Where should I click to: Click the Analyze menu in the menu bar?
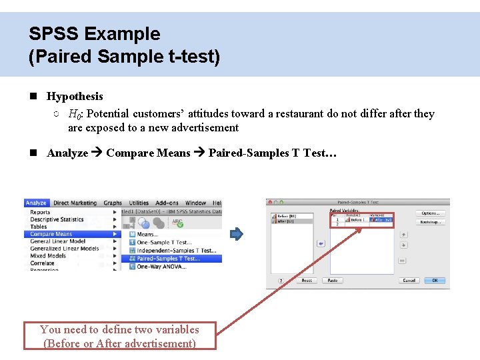(x=36, y=203)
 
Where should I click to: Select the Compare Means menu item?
(x=51, y=234)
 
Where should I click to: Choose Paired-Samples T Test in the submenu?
(x=167, y=259)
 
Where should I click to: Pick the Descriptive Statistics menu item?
(x=57, y=219)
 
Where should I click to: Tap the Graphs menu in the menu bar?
(x=113, y=203)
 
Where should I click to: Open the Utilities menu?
(x=139, y=203)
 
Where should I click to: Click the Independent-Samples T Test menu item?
(x=176, y=251)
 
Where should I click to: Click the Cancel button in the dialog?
(x=409, y=281)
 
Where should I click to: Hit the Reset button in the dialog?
(x=307, y=281)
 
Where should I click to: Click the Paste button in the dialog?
(x=331, y=281)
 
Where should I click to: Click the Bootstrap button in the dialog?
(x=430, y=222)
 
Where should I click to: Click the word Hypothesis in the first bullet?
(x=75, y=97)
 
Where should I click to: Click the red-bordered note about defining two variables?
(x=120, y=336)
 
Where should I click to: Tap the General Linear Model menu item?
(x=58, y=241)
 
